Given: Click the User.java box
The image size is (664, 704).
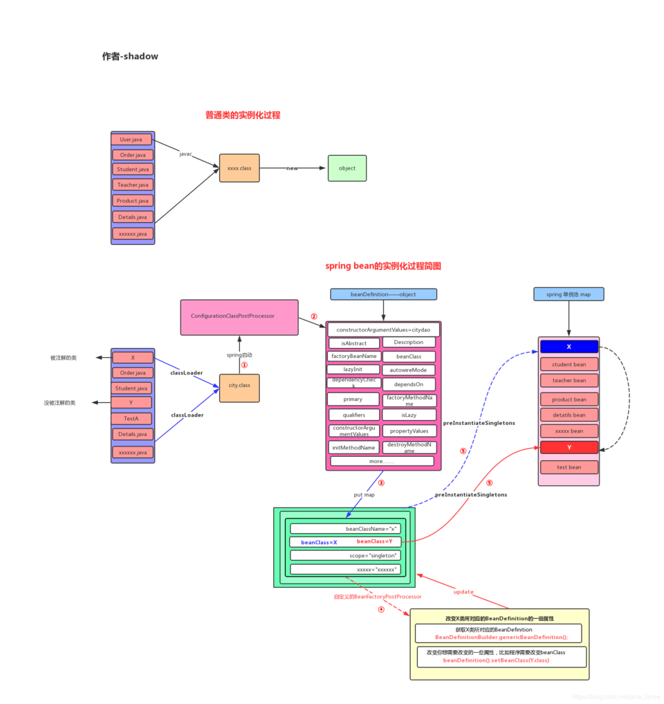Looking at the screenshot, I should coord(131,140).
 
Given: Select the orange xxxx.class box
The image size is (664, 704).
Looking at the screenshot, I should coord(239,168).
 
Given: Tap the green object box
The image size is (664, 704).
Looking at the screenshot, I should coord(347,168).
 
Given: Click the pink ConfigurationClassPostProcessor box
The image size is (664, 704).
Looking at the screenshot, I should coord(239,316).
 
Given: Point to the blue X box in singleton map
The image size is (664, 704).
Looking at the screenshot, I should coord(569,347).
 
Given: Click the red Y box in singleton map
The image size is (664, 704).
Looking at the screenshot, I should coord(569,447).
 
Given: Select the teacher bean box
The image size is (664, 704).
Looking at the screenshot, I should coord(569,381).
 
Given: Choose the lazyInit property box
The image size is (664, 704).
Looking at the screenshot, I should coord(353,370).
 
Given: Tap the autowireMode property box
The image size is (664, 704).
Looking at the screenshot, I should coord(409,370).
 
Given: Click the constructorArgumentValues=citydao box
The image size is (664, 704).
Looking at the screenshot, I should coord(383,330).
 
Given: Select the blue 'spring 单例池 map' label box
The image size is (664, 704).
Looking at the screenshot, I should coord(569,294).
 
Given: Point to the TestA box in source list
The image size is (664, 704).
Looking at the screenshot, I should coord(131,419).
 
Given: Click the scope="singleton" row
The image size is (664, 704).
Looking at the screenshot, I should coord(345,555).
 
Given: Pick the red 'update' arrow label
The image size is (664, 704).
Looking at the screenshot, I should coord(463,592).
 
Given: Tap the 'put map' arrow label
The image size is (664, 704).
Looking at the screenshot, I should coord(364,495).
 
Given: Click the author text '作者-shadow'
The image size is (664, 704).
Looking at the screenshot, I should coord(130,57).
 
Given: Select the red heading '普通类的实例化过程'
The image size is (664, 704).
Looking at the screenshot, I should coord(243,115).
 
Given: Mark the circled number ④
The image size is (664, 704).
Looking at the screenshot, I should coord(380,610).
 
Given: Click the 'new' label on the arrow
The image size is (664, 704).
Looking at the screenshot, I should coord(293,168).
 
